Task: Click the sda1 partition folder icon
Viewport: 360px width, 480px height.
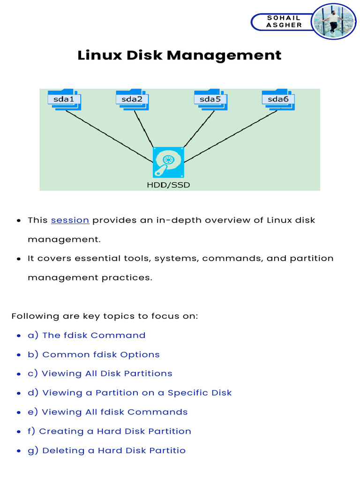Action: coord(64,100)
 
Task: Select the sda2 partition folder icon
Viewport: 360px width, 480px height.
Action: coord(132,100)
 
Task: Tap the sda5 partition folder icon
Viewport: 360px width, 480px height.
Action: coord(210,100)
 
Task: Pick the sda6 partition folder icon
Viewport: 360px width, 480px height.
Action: coord(278,100)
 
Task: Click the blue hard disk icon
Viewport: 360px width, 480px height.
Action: coord(168,162)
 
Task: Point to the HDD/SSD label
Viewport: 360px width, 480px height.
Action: coord(168,185)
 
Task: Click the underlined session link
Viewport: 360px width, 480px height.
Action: coord(70,220)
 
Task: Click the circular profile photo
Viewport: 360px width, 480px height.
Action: coord(333,22)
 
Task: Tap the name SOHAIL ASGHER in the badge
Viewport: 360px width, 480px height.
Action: coord(284,22)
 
